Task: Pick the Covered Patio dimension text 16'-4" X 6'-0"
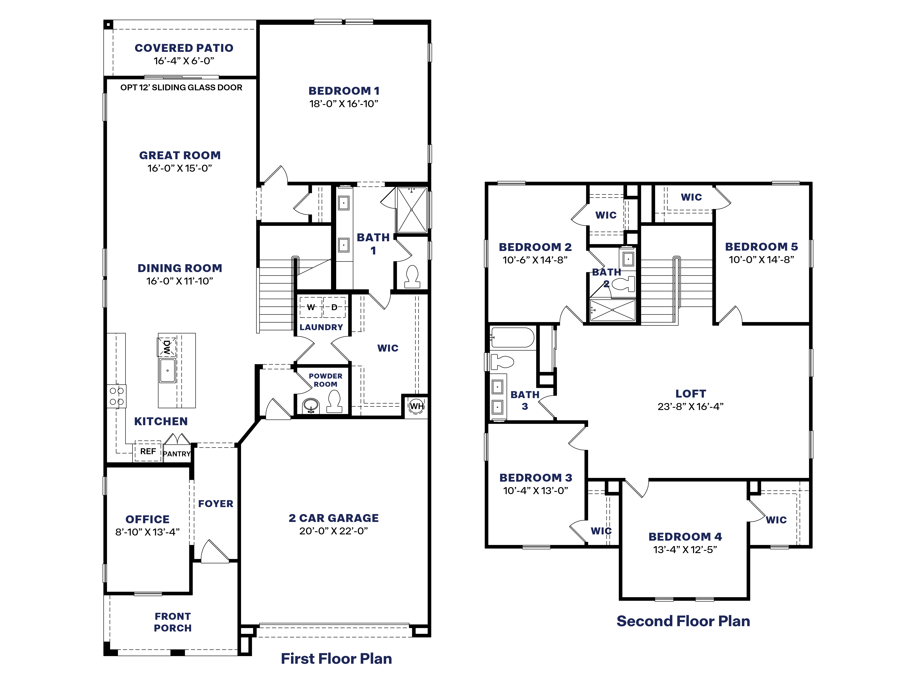pyautogui.click(x=184, y=61)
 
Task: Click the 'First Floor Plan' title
pyautogui.click(x=336, y=658)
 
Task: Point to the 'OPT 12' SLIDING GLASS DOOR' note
pyautogui.click(x=181, y=87)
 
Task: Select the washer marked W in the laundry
pyautogui.click(x=311, y=307)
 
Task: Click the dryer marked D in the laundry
pyautogui.click(x=334, y=307)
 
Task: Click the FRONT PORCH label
pyautogui.click(x=173, y=622)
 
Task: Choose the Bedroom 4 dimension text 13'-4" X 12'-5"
pyautogui.click(x=685, y=550)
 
